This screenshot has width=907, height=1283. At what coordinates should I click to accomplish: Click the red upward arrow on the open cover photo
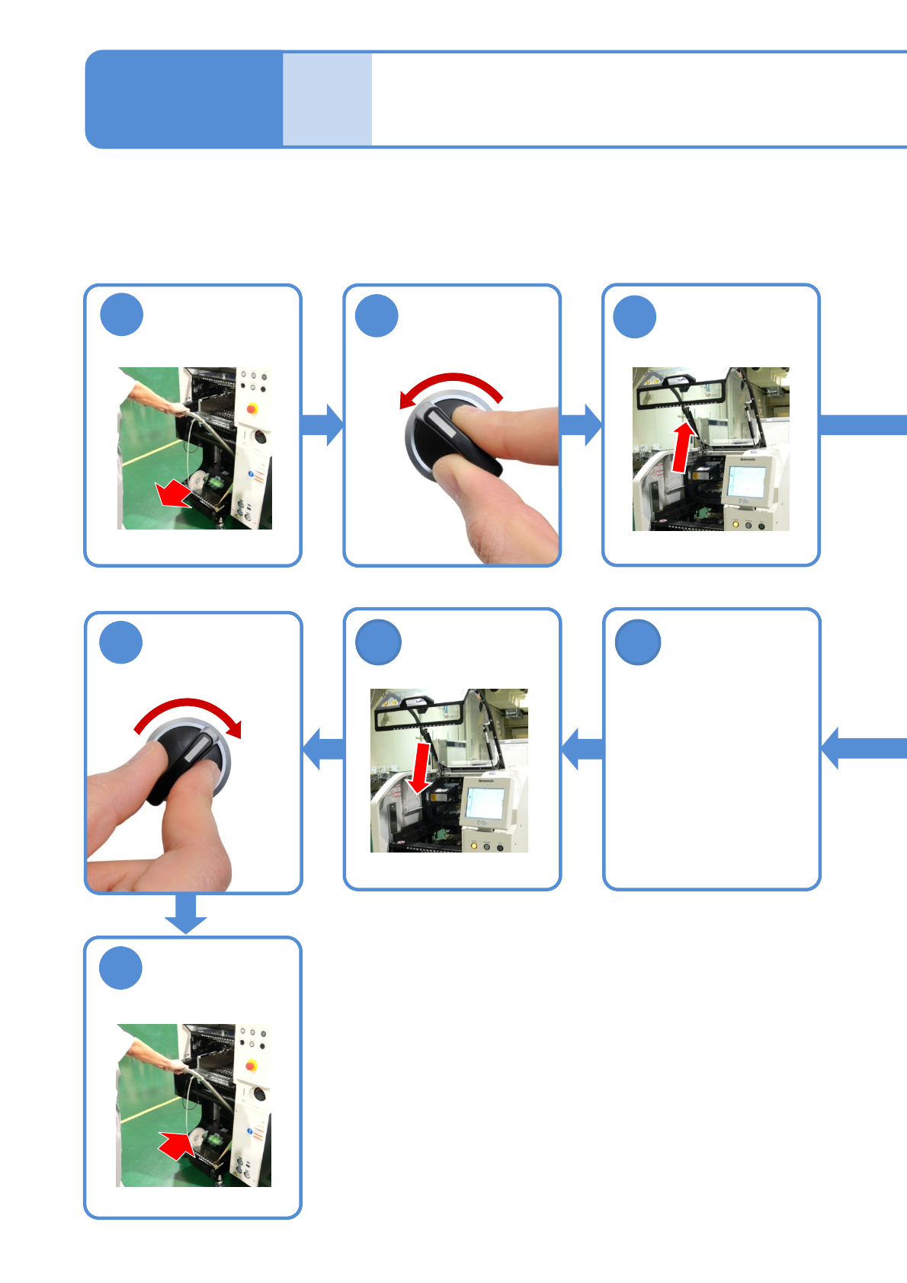684,448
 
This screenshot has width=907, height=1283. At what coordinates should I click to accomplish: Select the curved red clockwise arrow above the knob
190,712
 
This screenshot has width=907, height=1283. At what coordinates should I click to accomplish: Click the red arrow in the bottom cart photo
175,1144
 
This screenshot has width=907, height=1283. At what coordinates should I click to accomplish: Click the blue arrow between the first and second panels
322,424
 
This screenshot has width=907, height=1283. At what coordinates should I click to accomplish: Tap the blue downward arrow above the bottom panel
186,913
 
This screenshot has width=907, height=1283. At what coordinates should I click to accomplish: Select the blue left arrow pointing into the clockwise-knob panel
322,748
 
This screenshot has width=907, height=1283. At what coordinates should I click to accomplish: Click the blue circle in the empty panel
637,642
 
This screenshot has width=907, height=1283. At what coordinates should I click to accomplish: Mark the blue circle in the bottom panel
121,968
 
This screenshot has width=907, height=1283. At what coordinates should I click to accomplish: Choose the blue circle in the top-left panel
122,314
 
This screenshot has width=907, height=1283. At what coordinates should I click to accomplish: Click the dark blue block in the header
184,99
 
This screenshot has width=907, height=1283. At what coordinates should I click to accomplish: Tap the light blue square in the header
327,99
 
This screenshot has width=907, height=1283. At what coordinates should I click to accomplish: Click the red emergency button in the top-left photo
252,408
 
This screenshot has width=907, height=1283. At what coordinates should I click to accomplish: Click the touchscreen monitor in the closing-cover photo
484,803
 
